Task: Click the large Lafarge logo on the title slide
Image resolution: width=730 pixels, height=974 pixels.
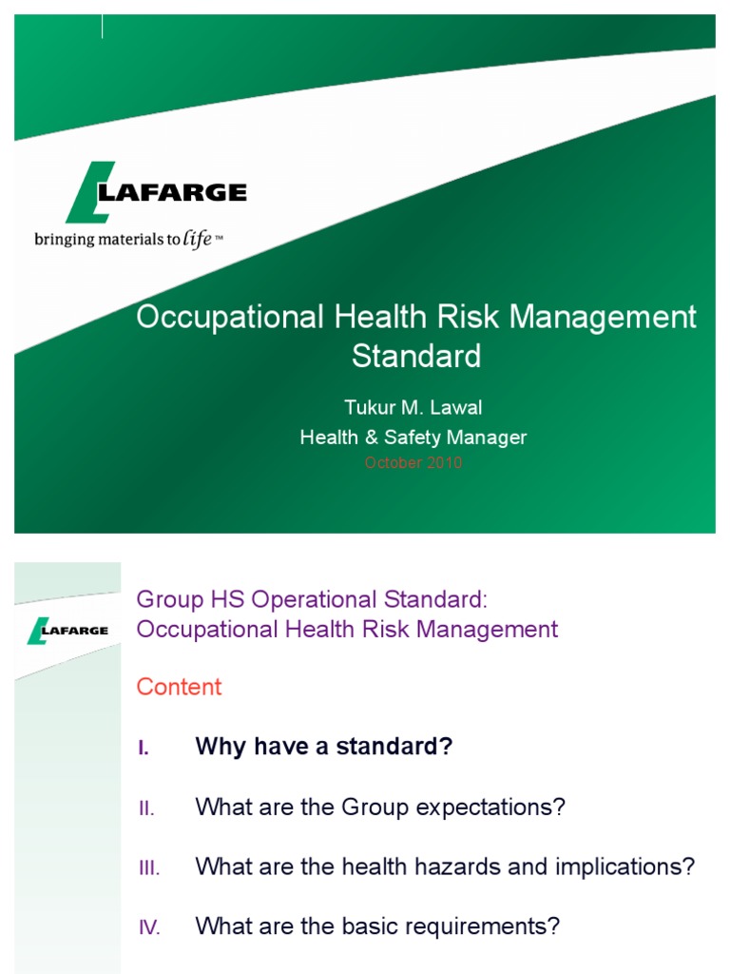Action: (157, 193)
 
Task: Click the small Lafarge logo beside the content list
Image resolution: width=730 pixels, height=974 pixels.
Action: (67, 630)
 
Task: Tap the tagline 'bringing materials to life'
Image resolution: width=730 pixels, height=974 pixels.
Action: (128, 239)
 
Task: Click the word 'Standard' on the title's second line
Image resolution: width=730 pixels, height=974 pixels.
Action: (416, 357)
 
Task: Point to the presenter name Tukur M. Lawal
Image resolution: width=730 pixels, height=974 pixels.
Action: (413, 408)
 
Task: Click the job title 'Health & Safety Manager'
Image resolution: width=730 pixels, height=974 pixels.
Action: (413, 438)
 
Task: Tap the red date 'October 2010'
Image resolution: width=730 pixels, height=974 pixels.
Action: (413, 463)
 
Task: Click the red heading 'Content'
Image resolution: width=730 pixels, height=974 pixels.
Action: (179, 687)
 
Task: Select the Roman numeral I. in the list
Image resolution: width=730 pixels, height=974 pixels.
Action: (144, 749)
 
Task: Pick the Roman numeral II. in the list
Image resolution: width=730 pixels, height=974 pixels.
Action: (145, 808)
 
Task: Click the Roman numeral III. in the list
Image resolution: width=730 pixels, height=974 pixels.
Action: (147, 867)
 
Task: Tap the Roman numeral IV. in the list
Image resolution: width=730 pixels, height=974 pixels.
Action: (149, 927)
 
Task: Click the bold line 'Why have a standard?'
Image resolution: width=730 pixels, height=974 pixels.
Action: (323, 748)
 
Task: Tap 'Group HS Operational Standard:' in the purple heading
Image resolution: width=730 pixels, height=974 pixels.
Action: (312, 599)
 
